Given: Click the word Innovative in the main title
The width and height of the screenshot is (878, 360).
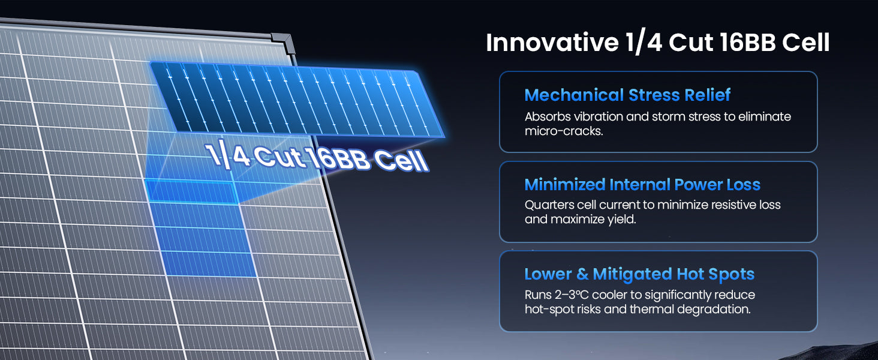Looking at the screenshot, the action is [552, 43].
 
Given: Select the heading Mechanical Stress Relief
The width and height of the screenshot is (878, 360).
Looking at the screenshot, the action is [627, 95].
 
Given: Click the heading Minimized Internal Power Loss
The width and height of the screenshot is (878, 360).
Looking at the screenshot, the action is [642, 184].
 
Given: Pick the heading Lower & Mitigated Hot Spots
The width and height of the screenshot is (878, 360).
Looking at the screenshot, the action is [639, 275].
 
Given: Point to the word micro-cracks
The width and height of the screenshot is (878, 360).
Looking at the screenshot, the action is [564, 131].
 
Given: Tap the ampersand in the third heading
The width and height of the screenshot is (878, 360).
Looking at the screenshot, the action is [582, 275].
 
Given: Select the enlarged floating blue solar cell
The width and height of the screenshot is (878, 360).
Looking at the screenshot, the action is [298, 100].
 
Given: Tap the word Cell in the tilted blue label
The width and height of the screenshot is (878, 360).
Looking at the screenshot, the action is [401, 161].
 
